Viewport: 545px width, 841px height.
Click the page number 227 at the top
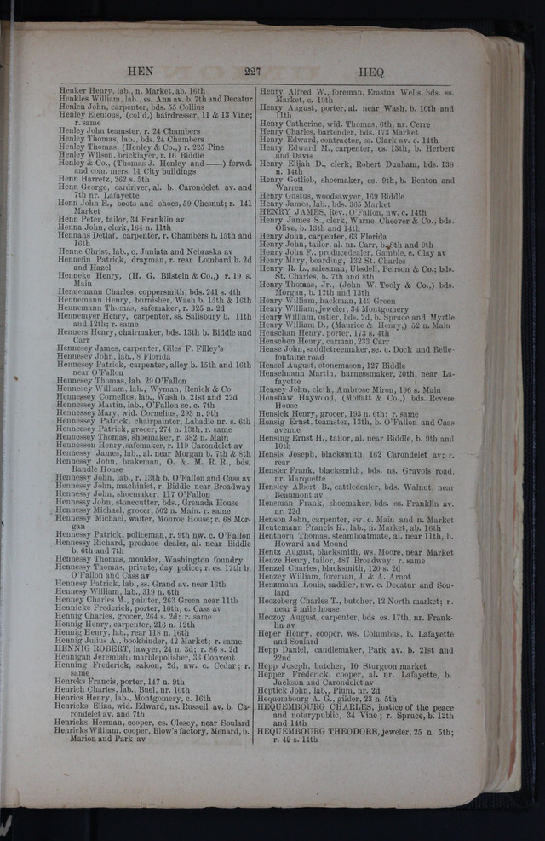tap(251, 72)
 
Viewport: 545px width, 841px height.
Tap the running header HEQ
tap(371, 72)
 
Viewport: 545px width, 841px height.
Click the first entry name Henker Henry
tap(87, 89)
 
